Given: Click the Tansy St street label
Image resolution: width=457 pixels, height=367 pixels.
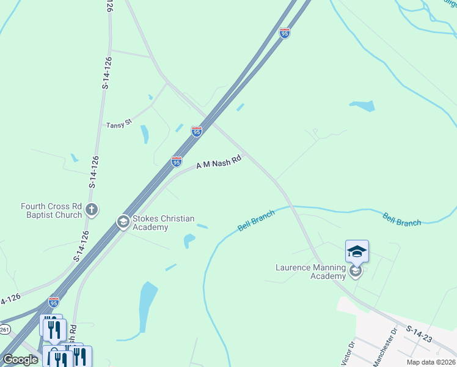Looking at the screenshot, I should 119,124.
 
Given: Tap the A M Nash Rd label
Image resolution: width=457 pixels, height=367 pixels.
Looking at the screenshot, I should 219,163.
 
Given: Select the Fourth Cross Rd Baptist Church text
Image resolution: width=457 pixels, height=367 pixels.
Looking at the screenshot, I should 51,210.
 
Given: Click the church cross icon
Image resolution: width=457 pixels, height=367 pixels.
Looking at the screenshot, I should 92,210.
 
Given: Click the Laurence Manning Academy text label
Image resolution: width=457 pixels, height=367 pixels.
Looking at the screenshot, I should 310,272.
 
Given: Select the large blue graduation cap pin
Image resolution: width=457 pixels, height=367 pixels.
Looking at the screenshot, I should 357,251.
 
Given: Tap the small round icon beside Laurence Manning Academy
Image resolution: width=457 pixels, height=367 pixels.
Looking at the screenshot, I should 356,271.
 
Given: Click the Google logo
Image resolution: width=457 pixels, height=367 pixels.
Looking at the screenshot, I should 20,360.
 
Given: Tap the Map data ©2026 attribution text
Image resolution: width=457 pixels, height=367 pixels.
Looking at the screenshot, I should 431,362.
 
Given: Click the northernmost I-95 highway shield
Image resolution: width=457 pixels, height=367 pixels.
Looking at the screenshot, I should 284,33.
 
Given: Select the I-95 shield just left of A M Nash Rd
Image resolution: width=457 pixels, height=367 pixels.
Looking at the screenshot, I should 176,161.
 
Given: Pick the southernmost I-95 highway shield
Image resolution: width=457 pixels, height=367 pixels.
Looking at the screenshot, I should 54,302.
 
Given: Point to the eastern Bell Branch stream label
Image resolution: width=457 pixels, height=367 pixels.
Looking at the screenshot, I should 401,219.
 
